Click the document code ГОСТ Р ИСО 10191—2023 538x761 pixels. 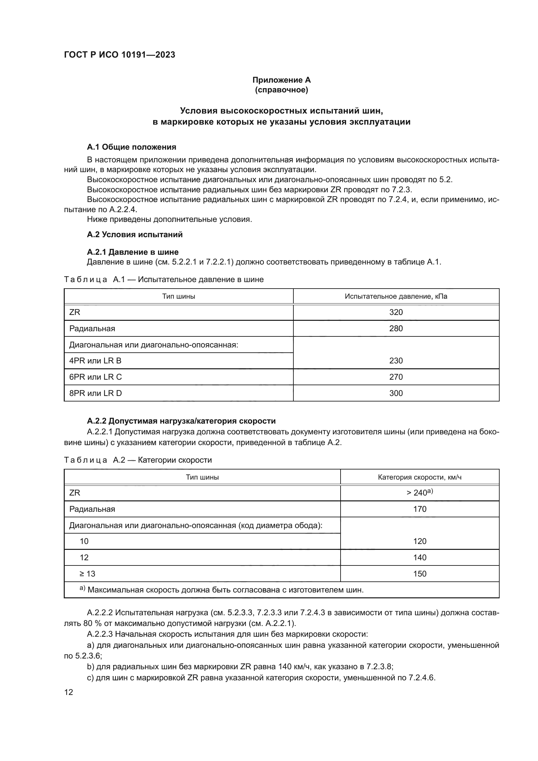[x=119, y=55]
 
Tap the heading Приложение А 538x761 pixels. [x=281, y=80]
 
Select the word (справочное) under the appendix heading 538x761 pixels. [x=281, y=90]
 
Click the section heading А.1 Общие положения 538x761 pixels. [x=131, y=147]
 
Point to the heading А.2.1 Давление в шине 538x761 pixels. [x=132, y=252]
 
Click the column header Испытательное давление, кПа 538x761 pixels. [x=396, y=296]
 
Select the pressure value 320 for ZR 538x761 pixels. [x=396, y=312]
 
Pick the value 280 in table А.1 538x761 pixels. [x=396, y=329]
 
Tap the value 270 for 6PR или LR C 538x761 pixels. [x=396, y=377]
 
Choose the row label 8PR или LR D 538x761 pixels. [x=95, y=393]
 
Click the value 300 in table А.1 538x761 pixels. [x=396, y=393]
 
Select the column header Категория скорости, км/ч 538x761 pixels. [x=419, y=477]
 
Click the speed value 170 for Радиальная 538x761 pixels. [x=419, y=509]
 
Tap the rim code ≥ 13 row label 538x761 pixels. [x=87, y=574]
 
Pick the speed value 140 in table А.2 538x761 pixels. [x=419, y=558]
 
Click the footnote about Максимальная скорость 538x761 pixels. [x=225, y=590]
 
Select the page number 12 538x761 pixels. [x=69, y=692]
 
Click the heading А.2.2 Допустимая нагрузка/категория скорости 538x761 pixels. [x=181, y=421]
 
